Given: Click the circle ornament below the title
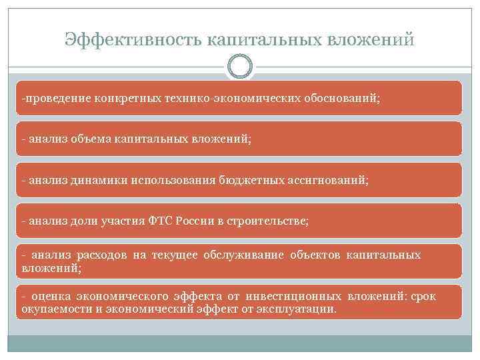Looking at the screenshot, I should click(240, 67).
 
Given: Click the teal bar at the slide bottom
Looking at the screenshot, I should click(240, 343).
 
